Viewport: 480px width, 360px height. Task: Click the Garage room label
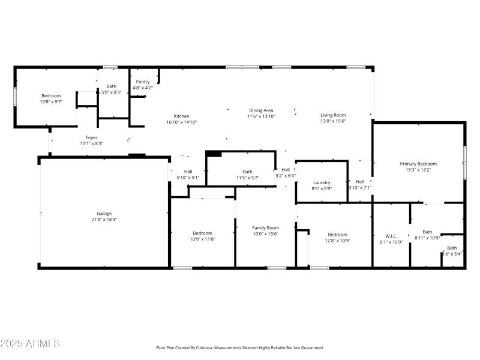pyautogui.click(x=104, y=214)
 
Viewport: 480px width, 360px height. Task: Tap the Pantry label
pyautogui.click(x=143, y=82)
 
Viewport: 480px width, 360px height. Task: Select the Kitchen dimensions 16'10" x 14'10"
pyautogui.click(x=181, y=122)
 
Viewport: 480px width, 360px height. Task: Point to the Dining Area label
pyautogui.click(x=261, y=110)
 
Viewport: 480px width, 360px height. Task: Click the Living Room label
pyautogui.click(x=332, y=115)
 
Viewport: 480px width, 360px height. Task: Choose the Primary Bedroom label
pyautogui.click(x=418, y=164)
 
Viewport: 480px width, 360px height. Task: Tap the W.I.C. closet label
pyautogui.click(x=391, y=236)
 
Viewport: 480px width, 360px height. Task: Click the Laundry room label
pyautogui.click(x=322, y=182)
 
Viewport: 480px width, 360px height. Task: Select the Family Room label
pyautogui.click(x=265, y=228)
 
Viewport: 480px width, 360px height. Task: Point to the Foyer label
pyautogui.click(x=91, y=137)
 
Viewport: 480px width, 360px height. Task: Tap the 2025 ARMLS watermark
pyautogui.click(x=30, y=344)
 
